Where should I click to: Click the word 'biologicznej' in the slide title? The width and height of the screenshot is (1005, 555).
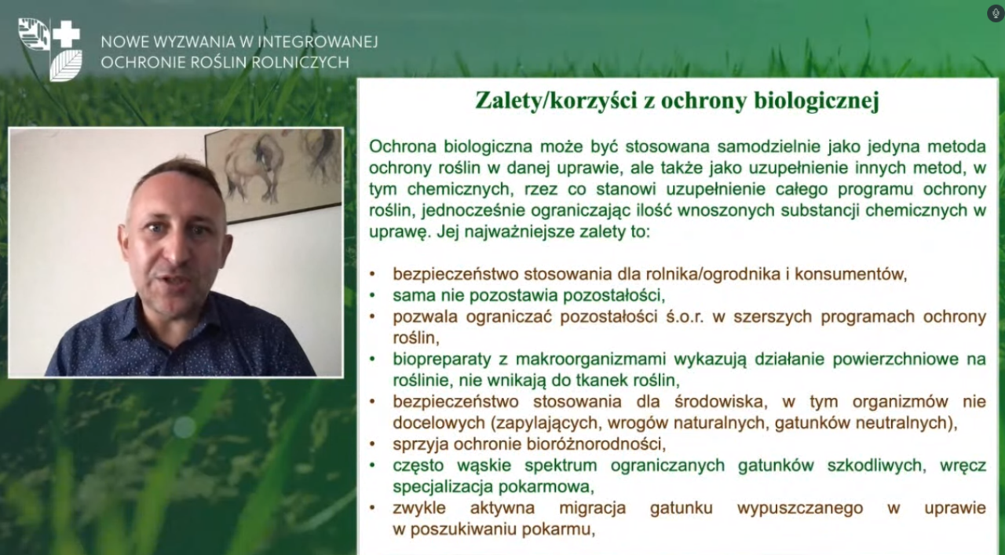pyautogui.click(x=816, y=100)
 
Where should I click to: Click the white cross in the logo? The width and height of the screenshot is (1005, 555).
pyautogui.click(x=67, y=34)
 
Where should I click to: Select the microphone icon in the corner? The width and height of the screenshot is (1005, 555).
pyautogui.click(x=995, y=13)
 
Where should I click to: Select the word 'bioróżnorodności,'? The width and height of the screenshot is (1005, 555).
pyautogui.click(x=596, y=444)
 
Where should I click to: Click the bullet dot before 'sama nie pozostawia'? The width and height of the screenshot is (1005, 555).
pyautogui.click(x=372, y=296)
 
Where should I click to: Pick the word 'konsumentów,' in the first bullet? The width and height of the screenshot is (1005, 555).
pyautogui.click(x=851, y=275)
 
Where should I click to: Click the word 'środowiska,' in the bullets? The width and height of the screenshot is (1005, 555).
pyautogui.click(x=721, y=402)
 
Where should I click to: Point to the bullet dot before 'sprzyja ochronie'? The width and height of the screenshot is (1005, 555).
pyautogui.click(x=372, y=444)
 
